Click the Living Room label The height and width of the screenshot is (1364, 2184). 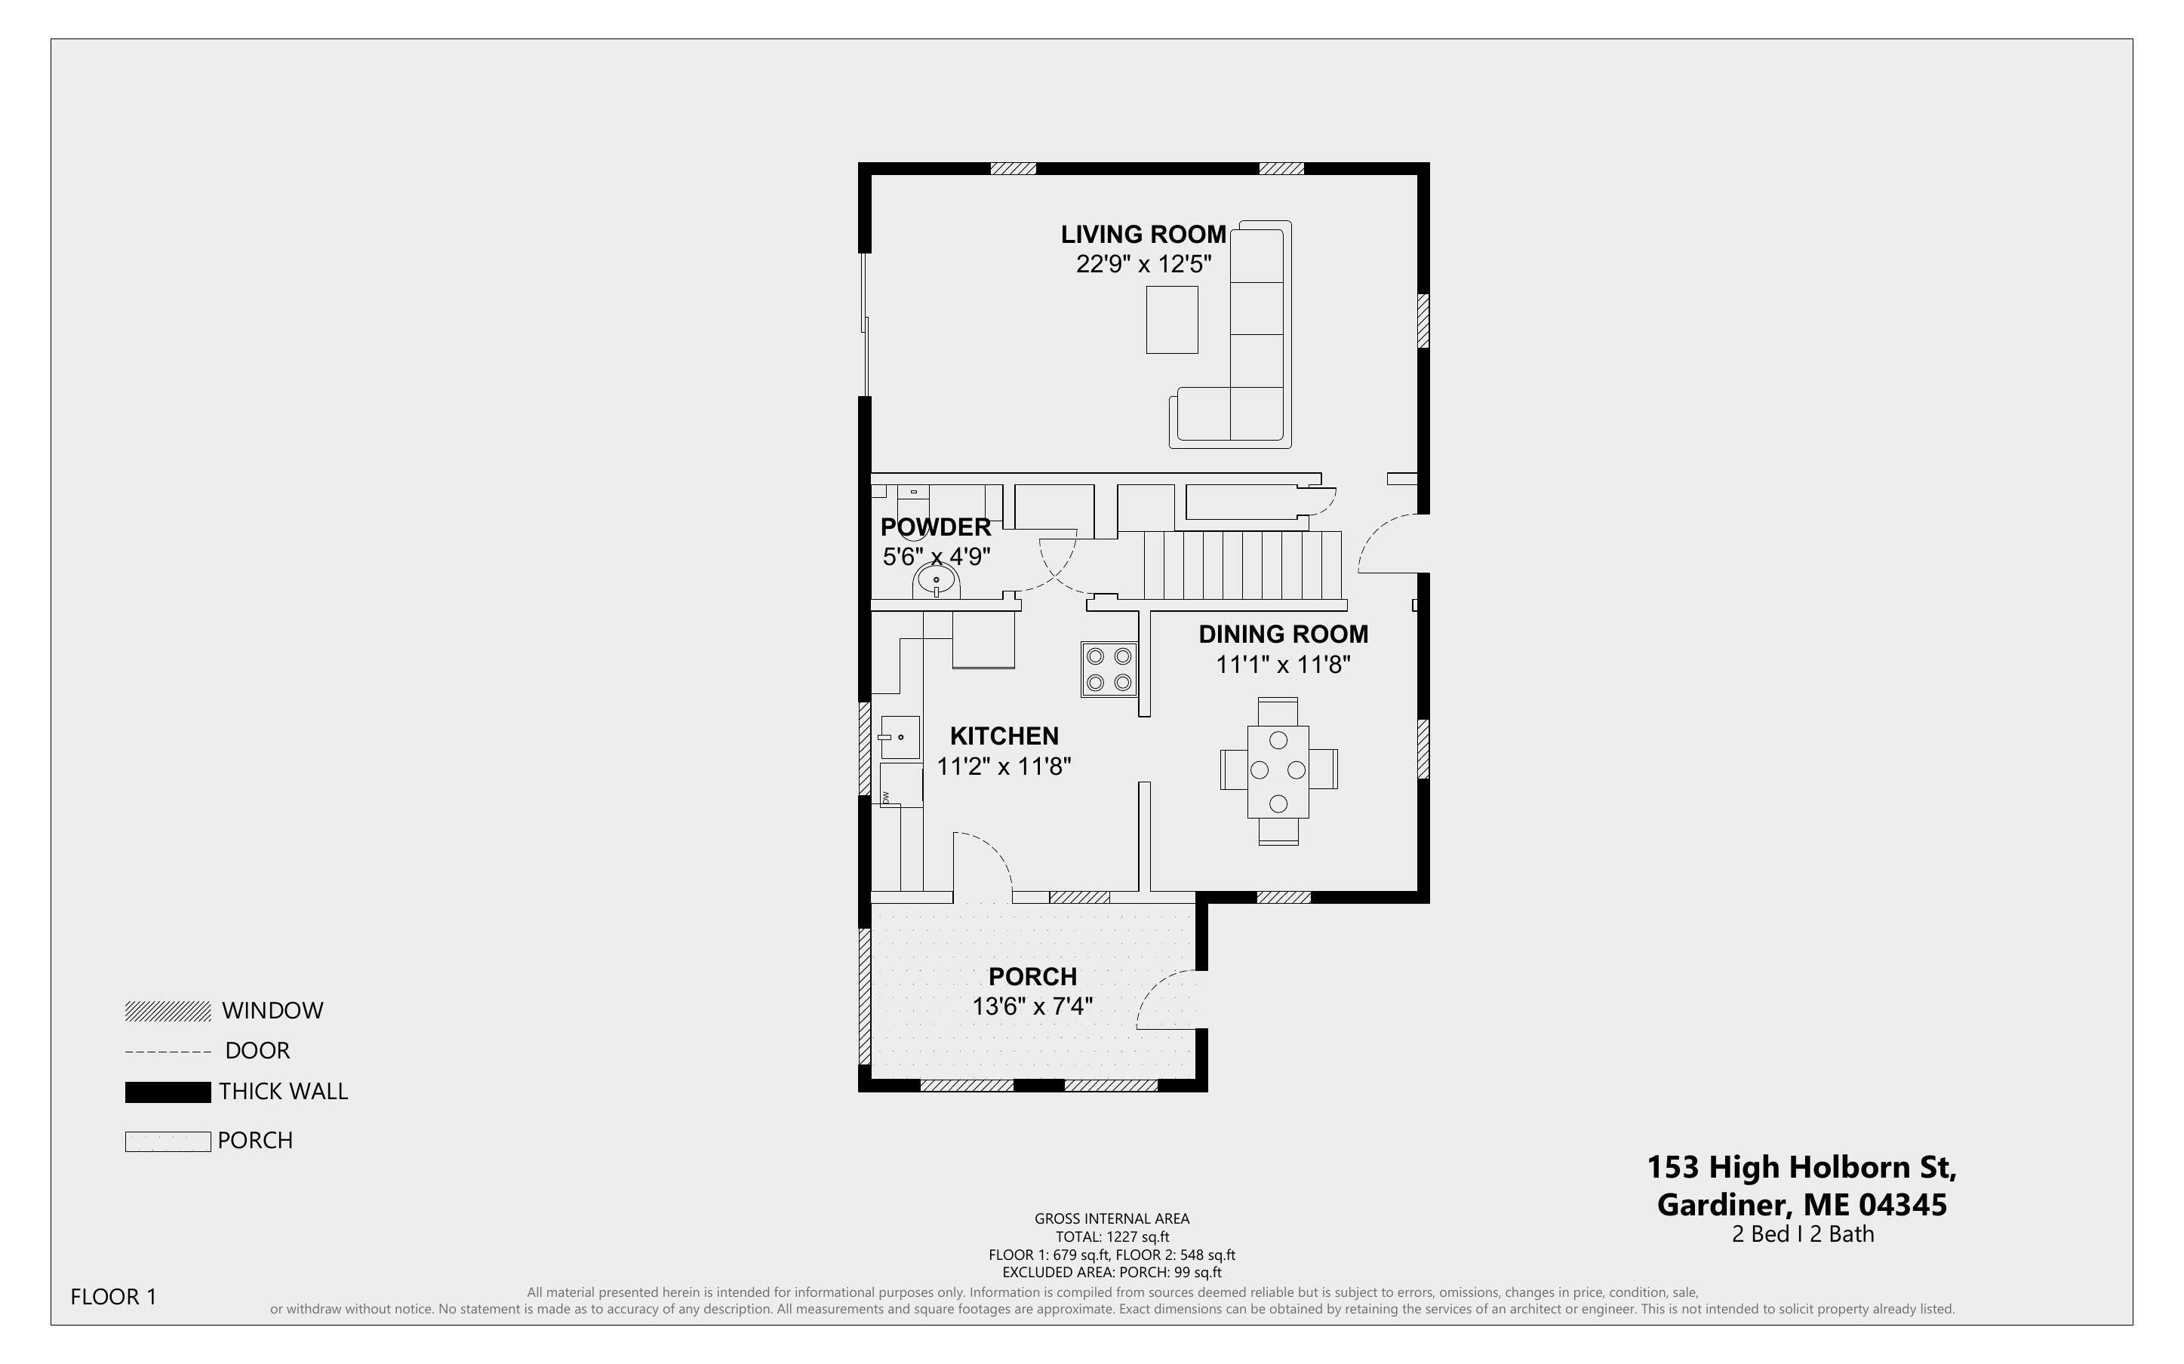coord(1143,235)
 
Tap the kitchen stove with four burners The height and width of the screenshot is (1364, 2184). coord(1109,669)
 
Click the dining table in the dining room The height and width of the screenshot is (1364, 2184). coord(1278,771)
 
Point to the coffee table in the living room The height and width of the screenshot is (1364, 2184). coord(1172,319)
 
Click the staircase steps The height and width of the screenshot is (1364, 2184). coord(1242,566)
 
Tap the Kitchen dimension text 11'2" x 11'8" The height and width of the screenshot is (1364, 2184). coord(1004,766)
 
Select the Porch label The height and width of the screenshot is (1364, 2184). coord(1033,976)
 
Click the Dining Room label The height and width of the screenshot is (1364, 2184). coord(1283,634)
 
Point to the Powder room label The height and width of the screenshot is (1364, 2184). coord(936,527)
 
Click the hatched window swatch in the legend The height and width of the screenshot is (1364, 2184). coord(168,1011)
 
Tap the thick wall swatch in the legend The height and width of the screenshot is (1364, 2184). coord(168,1092)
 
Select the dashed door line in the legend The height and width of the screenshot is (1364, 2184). coord(168,1052)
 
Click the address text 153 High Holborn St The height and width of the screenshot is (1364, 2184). coord(1801,1167)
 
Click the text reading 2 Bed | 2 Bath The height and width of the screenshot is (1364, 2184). coord(1802,1234)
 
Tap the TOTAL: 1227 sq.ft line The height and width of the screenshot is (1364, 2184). coord(1112,1237)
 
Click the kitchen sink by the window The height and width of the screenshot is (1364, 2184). coord(899,737)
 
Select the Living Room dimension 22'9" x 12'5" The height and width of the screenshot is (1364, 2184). coord(1143,264)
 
